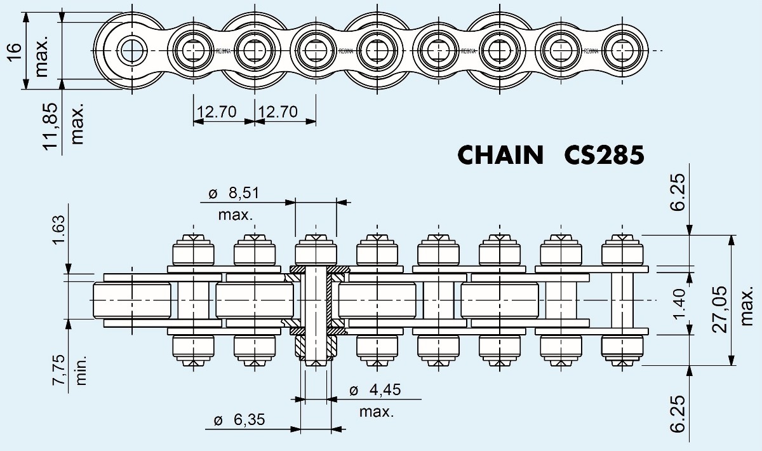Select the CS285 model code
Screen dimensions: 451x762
(604, 155)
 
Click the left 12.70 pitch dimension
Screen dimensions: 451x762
(217, 112)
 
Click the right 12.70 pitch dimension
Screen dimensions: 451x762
(278, 112)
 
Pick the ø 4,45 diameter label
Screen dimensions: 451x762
(375, 389)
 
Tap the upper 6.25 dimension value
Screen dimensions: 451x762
(679, 194)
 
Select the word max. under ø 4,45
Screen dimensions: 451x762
(377, 412)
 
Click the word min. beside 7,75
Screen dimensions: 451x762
(81, 370)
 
